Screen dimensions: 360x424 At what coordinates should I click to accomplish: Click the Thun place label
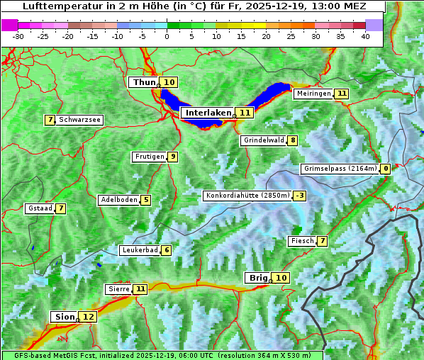(144, 83)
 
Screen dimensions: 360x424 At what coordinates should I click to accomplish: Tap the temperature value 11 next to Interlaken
(245, 113)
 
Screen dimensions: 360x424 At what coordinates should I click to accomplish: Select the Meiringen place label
(313, 94)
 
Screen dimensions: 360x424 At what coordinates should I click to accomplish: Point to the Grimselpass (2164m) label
(340, 169)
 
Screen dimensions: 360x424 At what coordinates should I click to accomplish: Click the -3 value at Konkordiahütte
(300, 196)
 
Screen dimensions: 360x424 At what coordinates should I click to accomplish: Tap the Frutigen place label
(149, 157)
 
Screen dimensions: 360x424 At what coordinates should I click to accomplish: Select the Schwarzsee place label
(80, 120)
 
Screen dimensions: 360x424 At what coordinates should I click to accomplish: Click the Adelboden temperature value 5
(146, 200)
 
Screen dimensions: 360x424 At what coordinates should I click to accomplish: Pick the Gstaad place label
(39, 208)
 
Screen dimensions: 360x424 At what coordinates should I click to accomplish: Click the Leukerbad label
(139, 250)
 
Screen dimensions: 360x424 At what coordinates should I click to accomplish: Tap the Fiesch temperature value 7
(323, 241)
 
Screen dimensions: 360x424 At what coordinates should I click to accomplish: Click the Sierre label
(118, 289)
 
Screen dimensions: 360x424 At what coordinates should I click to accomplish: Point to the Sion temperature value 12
(88, 317)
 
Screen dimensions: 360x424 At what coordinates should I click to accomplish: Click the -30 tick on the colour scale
(18, 35)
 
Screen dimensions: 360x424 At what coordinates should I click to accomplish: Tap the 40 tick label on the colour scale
(365, 35)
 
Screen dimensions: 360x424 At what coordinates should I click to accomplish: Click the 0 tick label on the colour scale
(167, 35)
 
